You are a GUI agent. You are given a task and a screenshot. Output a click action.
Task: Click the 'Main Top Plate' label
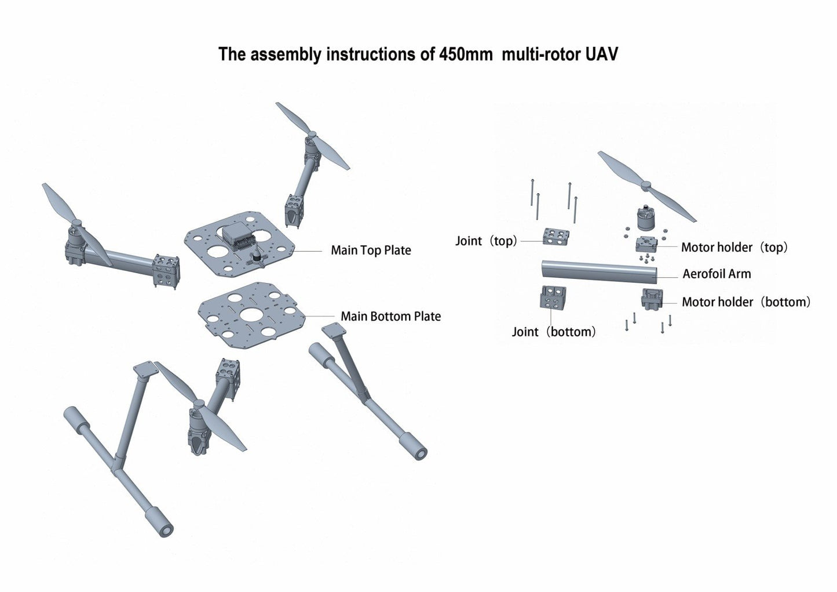pos(371,250)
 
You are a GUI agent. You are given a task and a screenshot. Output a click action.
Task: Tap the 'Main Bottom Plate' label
pos(390,317)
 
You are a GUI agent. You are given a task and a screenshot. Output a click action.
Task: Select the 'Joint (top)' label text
pos(485,241)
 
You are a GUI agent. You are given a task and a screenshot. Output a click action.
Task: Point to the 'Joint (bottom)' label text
pos(553,332)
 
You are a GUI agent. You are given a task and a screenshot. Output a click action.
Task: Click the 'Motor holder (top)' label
pos(734,248)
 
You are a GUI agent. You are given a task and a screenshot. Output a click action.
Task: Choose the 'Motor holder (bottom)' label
pos(745,302)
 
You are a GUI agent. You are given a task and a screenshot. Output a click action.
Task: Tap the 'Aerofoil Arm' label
pos(716,274)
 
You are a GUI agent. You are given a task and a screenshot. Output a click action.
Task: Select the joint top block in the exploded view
pos(555,235)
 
